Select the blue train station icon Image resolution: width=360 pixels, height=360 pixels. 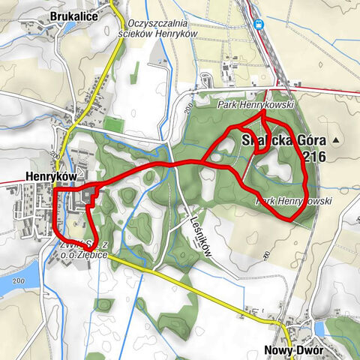point(259,24)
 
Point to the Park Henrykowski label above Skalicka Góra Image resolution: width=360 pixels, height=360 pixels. point(255,106)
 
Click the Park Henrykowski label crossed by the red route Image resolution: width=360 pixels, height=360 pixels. point(293,202)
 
